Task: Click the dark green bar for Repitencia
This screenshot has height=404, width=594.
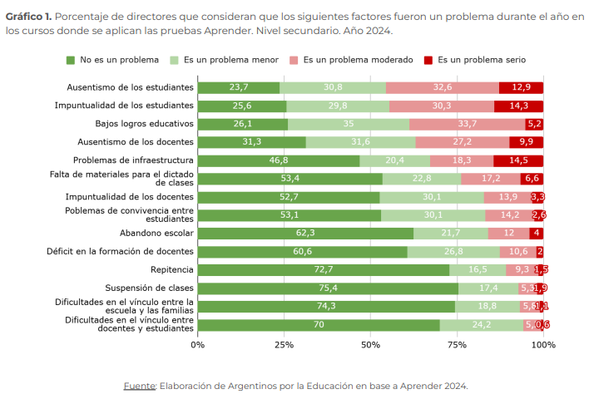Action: click(324, 269)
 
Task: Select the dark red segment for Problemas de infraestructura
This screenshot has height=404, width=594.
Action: click(517, 160)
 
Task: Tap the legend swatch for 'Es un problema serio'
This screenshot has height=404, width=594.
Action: click(429, 60)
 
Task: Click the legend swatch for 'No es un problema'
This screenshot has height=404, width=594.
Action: click(71, 60)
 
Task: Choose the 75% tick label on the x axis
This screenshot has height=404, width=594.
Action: click(457, 344)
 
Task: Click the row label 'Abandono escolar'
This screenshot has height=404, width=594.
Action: click(156, 234)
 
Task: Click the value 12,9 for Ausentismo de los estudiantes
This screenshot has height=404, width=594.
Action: click(521, 87)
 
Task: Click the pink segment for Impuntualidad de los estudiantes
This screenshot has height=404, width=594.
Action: click(442, 106)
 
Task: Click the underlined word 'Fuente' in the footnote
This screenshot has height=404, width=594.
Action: click(139, 386)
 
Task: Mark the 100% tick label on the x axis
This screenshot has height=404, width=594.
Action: click(543, 344)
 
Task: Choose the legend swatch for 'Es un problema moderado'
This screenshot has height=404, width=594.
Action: click(295, 60)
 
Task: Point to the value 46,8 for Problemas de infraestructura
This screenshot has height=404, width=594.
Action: click(278, 160)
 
